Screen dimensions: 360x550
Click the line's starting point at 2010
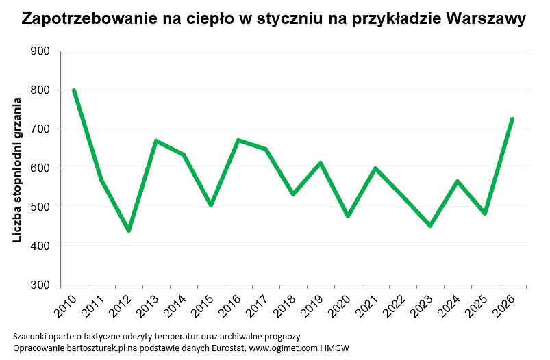pos(73,90)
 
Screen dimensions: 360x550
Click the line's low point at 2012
pos(128,231)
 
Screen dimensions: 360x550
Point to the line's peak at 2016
pos(238,140)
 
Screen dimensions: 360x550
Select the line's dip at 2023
pos(430,226)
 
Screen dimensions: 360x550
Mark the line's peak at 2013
pos(156,140)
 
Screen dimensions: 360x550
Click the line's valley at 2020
pos(348,216)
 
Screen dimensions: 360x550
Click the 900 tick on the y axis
pos(41,51)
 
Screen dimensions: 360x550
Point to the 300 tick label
pos(41,285)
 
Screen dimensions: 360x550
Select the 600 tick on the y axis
pos(41,168)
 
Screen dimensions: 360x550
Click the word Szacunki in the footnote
pos(29,337)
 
